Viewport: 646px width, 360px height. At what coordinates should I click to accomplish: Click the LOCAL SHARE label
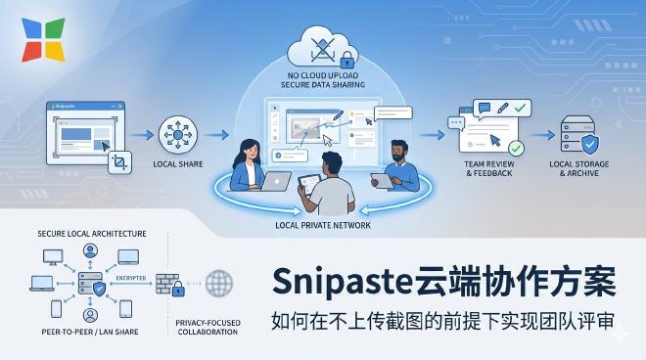coord(178,164)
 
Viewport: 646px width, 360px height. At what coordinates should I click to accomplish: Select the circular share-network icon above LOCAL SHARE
coord(178,133)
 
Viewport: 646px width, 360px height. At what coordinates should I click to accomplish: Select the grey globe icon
coord(220,285)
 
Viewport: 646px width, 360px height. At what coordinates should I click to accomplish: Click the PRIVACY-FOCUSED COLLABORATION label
coord(208,328)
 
